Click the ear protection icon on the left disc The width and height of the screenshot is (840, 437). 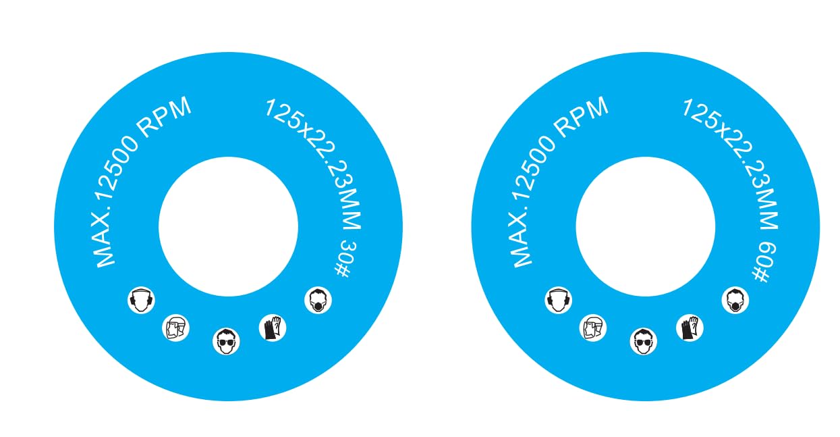click(x=141, y=300)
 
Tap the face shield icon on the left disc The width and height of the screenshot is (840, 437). click(x=175, y=328)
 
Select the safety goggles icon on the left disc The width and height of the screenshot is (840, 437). click(x=226, y=341)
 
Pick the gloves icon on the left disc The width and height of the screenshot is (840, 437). click(x=273, y=328)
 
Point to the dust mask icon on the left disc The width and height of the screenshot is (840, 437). click(x=318, y=300)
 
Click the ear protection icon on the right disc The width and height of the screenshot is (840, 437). click(x=559, y=300)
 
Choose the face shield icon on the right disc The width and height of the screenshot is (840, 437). click(x=593, y=328)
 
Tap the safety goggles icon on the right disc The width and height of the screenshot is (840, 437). click(x=644, y=341)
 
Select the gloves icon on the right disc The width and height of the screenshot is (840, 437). click(x=690, y=328)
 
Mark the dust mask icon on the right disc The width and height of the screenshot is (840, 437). click(x=735, y=300)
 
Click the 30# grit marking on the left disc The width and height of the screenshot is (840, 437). click(x=345, y=259)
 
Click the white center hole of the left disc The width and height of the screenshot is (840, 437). click(x=228, y=226)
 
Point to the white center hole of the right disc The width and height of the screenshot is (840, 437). click(x=646, y=226)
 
